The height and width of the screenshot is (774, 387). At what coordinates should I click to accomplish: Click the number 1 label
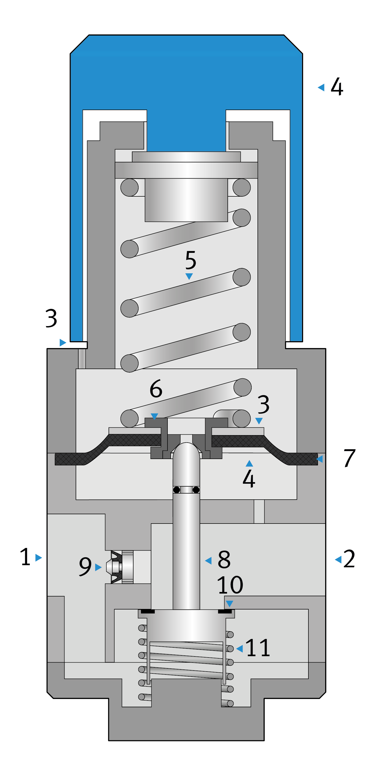pos(25,557)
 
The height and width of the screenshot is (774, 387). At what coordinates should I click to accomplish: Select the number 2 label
pos(349,559)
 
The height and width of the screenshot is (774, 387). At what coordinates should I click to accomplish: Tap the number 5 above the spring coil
pos(191,260)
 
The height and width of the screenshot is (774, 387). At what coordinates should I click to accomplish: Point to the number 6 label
pos(156,388)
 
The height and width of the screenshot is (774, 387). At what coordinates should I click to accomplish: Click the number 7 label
pos(350,458)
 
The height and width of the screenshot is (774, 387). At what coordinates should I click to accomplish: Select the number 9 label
pos(85,567)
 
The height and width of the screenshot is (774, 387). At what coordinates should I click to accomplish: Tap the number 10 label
pos(230,585)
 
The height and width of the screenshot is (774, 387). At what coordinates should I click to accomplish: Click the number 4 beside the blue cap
pos(337,87)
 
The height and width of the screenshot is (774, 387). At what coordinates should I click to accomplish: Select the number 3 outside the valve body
pos(51,318)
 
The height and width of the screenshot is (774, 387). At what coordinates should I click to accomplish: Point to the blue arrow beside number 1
pos(38,558)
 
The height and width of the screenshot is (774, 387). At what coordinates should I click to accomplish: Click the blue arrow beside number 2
pos(338,559)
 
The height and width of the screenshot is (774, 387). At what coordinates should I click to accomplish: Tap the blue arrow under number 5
pos(189,276)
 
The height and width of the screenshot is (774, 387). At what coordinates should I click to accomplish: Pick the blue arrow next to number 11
pos(239,649)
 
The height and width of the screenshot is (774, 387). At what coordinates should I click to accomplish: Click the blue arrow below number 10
pos(229,604)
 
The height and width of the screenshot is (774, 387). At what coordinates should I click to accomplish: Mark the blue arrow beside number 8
pos(208,560)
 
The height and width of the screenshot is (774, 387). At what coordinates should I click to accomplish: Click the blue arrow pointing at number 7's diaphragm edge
pos(319,459)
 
